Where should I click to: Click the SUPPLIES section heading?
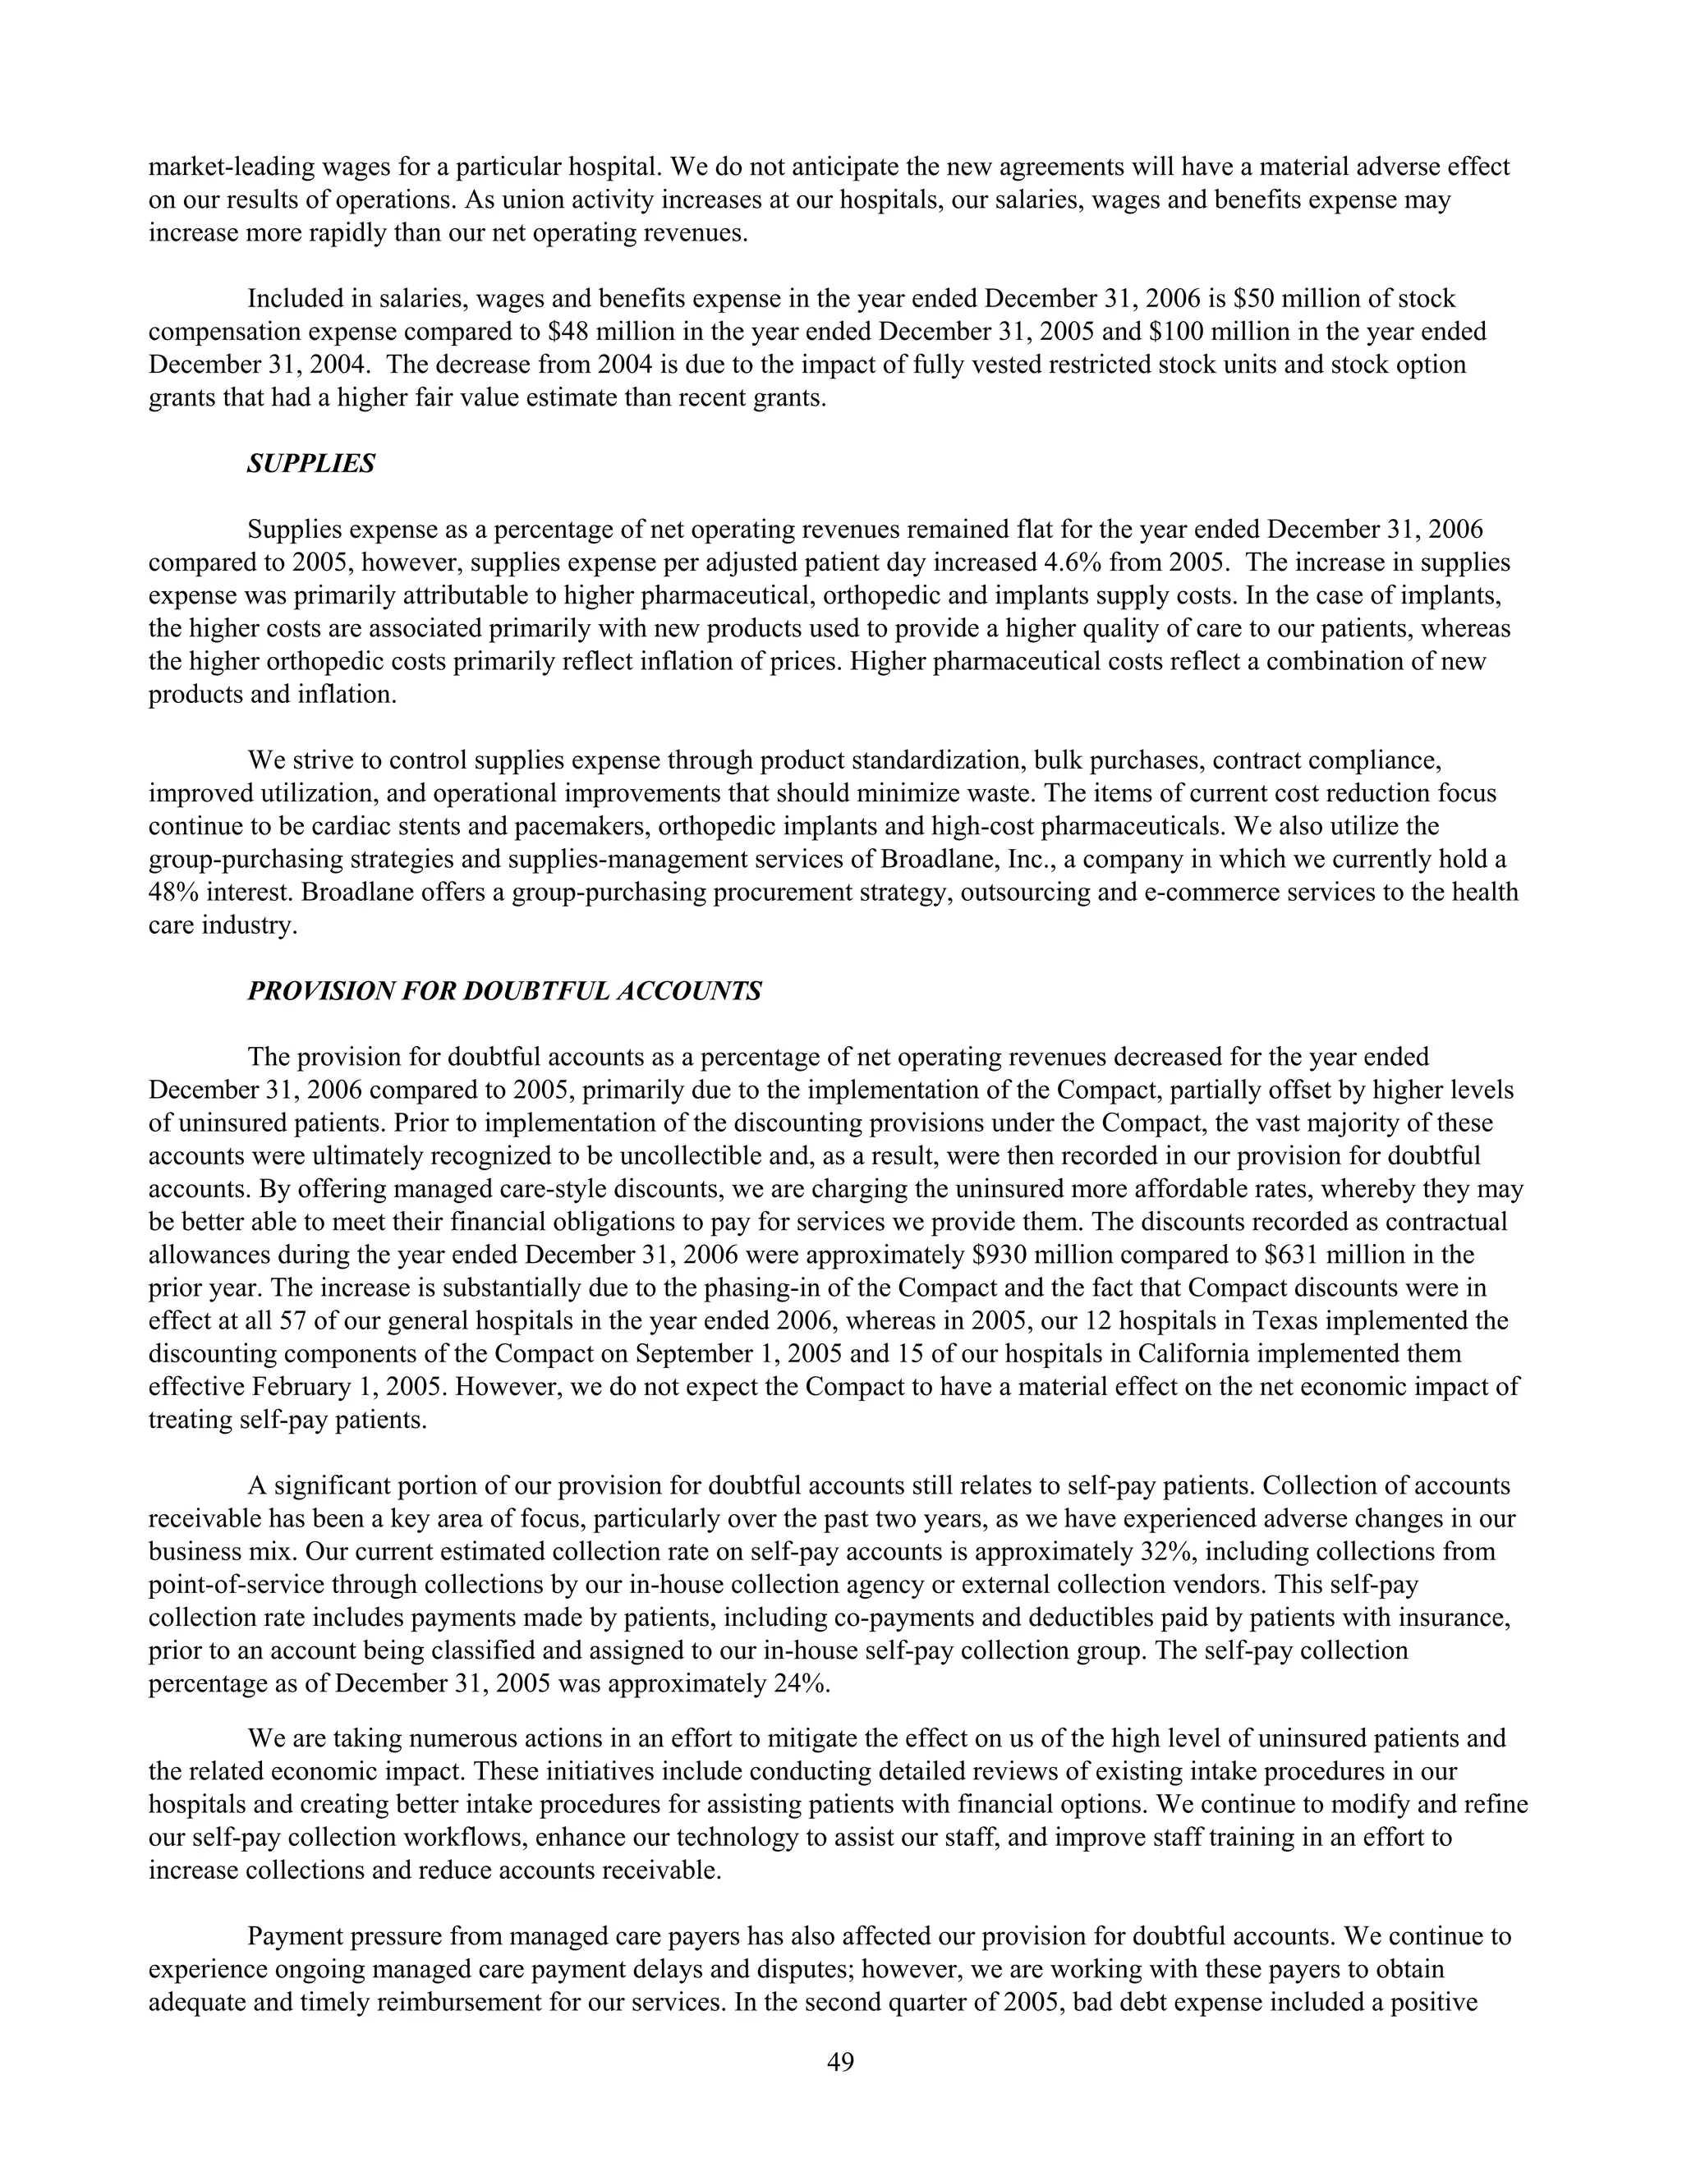point(311,464)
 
